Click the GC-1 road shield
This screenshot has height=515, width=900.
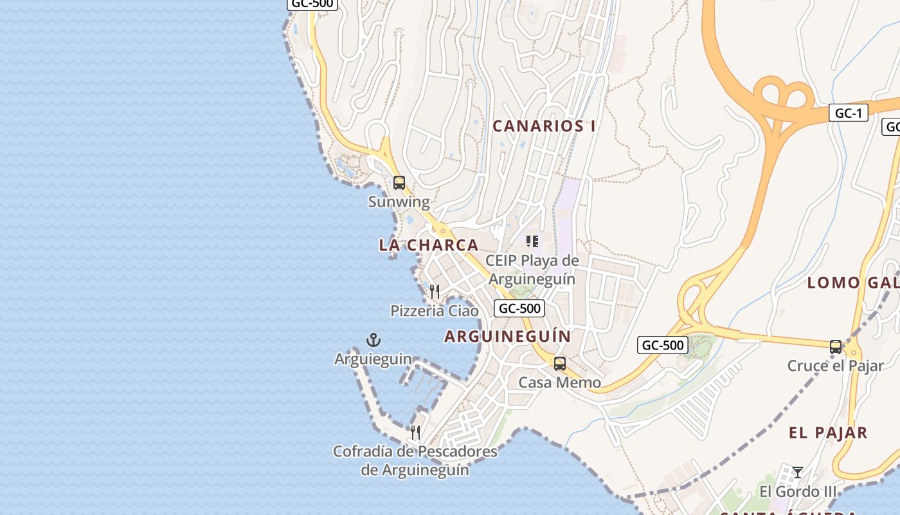click(848, 113)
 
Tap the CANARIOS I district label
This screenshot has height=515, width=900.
click(543, 126)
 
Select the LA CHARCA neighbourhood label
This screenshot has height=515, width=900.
click(429, 245)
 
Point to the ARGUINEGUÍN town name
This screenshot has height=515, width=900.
click(508, 336)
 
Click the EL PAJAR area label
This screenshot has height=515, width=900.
click(828, 433)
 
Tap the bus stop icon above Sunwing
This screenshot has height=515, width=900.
click(399, 182)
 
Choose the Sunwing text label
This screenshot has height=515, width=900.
click(399, 201)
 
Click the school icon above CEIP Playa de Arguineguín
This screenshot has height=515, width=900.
click(532, 241)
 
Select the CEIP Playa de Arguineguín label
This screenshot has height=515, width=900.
click(532, 270)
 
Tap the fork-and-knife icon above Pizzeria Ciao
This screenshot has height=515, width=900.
click(435, 292)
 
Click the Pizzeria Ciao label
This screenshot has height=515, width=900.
click(435, 311)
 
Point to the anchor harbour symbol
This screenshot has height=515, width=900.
click(373, 339)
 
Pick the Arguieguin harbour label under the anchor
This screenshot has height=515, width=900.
click(373, 359)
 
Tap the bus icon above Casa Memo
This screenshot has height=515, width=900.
click(560, 363)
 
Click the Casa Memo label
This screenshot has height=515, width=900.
click(560, 382)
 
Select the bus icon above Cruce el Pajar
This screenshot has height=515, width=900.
click(836, 346)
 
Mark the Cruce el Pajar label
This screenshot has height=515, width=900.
click(836, 366)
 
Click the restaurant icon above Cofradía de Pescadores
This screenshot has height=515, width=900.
click(415, 432)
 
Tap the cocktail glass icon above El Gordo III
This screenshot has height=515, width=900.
click(798, 472)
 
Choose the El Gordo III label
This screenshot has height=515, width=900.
click(798, 491)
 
